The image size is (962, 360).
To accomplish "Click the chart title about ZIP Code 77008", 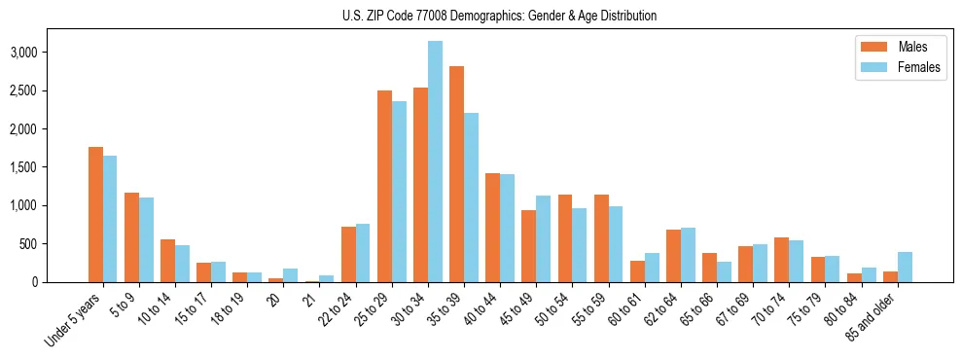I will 499,16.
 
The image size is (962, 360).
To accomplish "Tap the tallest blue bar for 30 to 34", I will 435,162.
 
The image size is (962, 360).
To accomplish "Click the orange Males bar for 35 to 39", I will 456,174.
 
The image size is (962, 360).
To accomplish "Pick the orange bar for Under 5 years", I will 95,215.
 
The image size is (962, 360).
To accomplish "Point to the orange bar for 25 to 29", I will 384,186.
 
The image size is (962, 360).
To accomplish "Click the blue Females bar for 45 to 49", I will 543,239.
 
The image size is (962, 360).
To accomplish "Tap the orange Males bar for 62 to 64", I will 673,256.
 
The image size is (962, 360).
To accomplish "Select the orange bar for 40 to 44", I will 492,228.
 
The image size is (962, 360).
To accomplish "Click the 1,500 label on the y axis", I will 51,167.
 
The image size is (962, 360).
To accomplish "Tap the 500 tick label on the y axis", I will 56,244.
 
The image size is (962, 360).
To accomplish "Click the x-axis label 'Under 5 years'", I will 73,320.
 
